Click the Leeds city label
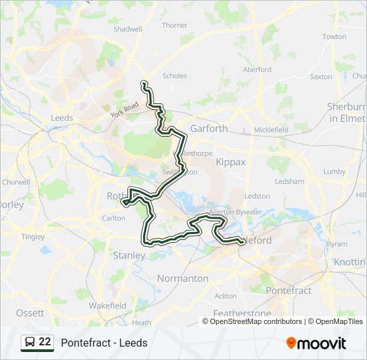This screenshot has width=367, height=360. (x=61, y=118)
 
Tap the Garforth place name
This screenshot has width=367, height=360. (x=209, y=128)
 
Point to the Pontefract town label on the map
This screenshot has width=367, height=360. (x=288, y=291)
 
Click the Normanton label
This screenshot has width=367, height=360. (x=182, y=278)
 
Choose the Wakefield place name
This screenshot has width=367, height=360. (x=107, y=305)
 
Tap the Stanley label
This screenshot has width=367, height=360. (x=129, y=255)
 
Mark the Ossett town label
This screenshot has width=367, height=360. (x=30, y=313)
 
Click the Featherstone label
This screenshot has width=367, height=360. (x=242, y=313)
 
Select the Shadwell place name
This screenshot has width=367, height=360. (x=127, y=29)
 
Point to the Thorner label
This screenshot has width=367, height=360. (x=174, y=25)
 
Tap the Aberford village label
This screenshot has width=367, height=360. (x=257, y=69)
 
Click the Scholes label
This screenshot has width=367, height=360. (x=175, y=76)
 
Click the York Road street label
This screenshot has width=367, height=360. (x=124, y=109)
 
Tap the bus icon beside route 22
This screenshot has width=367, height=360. (x=29, y=343)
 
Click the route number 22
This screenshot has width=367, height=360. (x=45, y=342)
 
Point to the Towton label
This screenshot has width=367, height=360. (x=334, y=37)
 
